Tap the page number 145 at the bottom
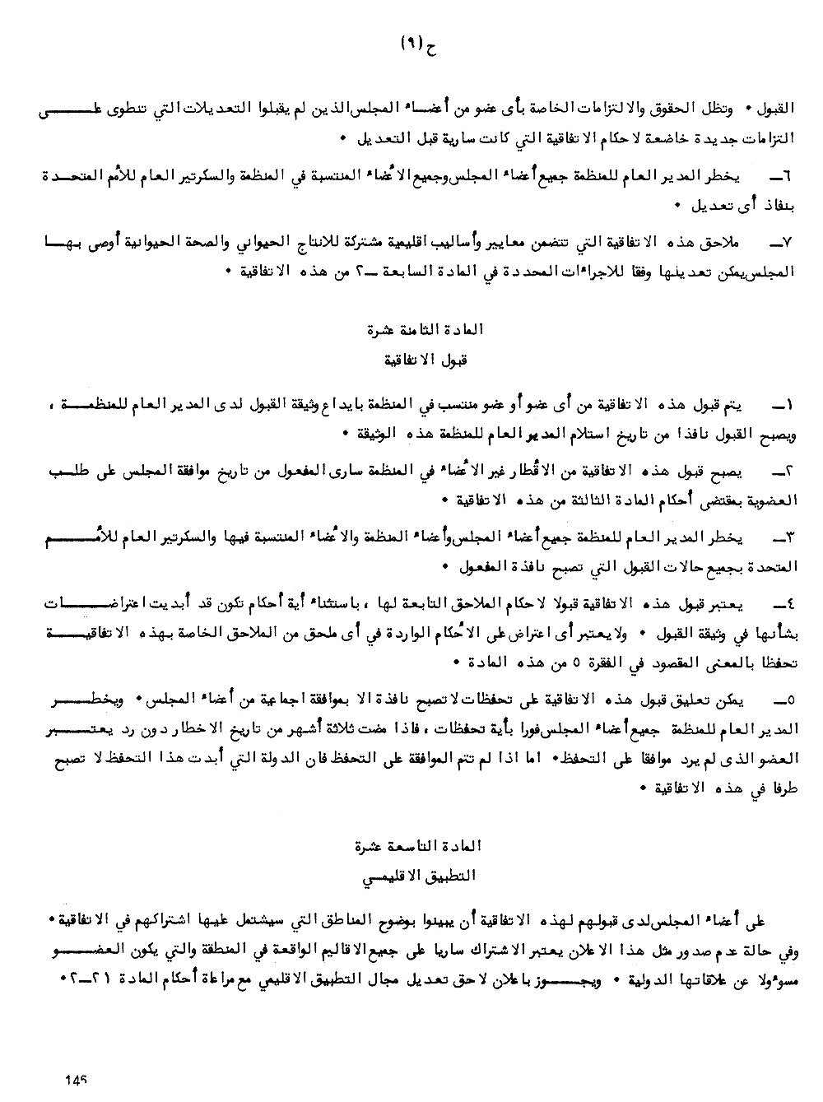75,1079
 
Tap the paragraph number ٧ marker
776,241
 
